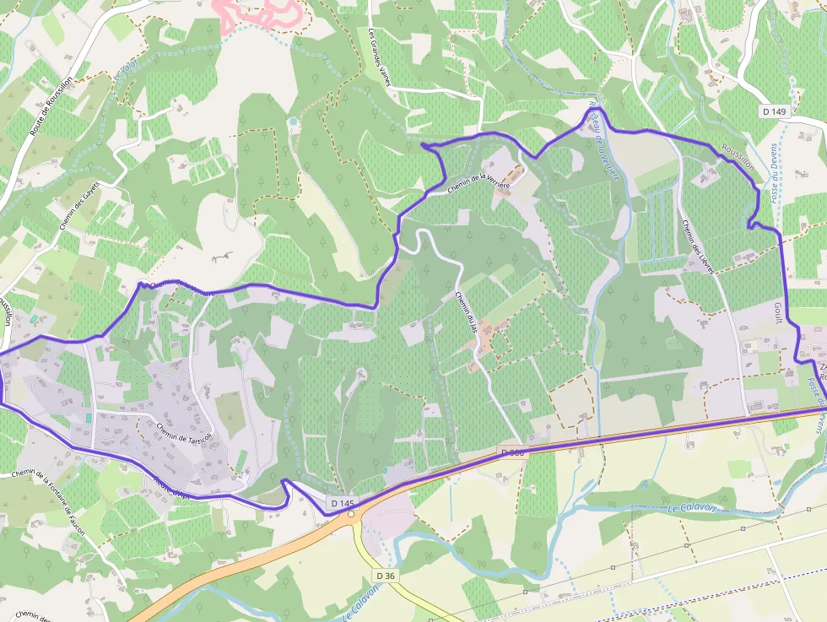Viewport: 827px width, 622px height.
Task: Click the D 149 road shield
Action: pos(774,111)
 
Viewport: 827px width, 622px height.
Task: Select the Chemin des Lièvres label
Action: pos(698,246)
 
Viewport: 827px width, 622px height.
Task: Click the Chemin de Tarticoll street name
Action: pos(182,431)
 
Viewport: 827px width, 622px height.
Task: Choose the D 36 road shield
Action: pos(385,576)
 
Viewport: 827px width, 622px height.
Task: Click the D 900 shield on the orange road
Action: pos(512,453)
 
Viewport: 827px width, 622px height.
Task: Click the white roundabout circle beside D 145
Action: pos(351,513)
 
